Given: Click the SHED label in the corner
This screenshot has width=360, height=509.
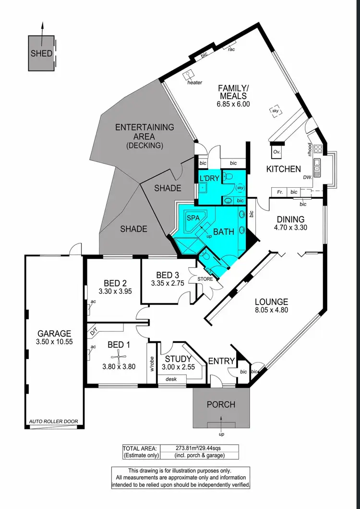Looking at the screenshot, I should [41, 53].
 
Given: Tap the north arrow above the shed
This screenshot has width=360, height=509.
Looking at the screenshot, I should [41, 28].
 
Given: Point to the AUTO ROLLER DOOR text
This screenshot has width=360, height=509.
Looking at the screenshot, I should [53, 422].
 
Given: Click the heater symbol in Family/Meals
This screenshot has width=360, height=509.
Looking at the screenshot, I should [190, 74].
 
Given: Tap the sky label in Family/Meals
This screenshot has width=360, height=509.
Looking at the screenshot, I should [276, 111].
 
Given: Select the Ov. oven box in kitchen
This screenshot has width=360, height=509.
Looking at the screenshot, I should [276, 152].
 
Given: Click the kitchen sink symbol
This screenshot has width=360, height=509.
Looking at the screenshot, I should [317, 166].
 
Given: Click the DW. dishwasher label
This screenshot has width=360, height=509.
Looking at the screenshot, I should [308, 177].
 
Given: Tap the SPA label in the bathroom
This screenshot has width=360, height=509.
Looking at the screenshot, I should [193, 218].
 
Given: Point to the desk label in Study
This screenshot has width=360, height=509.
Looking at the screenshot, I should [170, 379].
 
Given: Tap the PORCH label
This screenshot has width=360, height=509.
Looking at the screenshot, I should [221, 404].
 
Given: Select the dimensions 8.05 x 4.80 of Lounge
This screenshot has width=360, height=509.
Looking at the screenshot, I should [271, 311].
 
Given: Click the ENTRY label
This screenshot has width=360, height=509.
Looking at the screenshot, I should [221, 361].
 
